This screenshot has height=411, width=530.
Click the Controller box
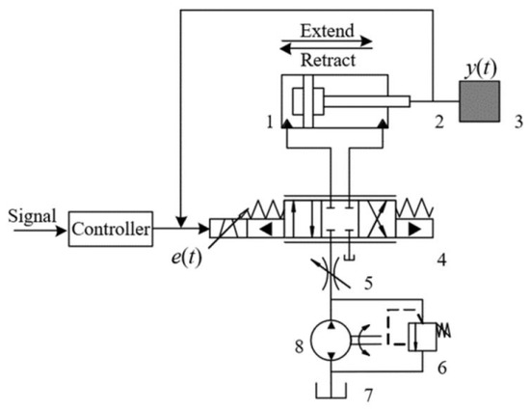point(111,231)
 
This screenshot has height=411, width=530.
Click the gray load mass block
point(479,100)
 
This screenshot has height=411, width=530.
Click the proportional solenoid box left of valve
point(227,231)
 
